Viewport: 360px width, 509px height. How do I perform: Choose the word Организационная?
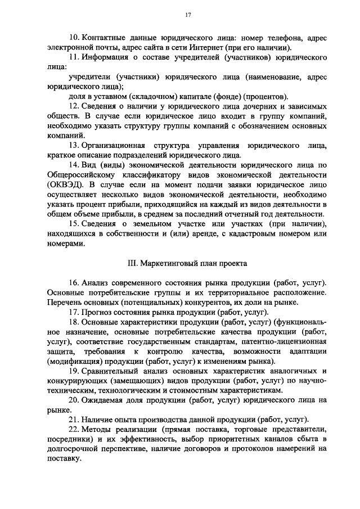[116, 145]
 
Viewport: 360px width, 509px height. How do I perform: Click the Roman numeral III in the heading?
[133, 263]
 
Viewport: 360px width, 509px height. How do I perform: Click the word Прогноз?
[98, 312]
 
